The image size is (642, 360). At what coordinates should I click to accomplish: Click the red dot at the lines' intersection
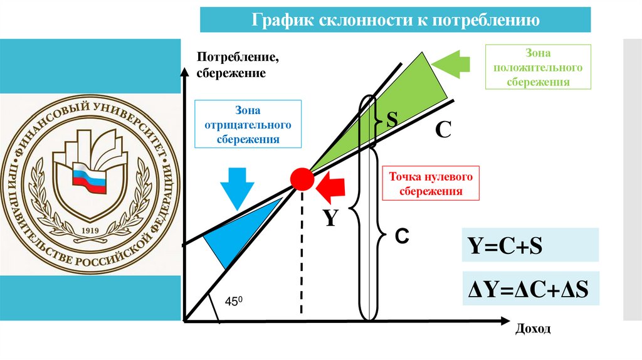point(302,180)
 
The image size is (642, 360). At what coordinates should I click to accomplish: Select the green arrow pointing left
point(451,65)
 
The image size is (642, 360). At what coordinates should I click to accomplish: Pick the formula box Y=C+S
point(531,245)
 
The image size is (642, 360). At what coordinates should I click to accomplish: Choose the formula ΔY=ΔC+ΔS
point(531,289)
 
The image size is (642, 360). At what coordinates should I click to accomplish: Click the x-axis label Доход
point(533,329)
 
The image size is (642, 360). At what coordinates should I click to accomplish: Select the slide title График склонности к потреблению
point(396,19)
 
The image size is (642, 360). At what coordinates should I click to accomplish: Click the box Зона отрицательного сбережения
point(248,124)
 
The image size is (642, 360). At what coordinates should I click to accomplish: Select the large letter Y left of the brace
point(330,218)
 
